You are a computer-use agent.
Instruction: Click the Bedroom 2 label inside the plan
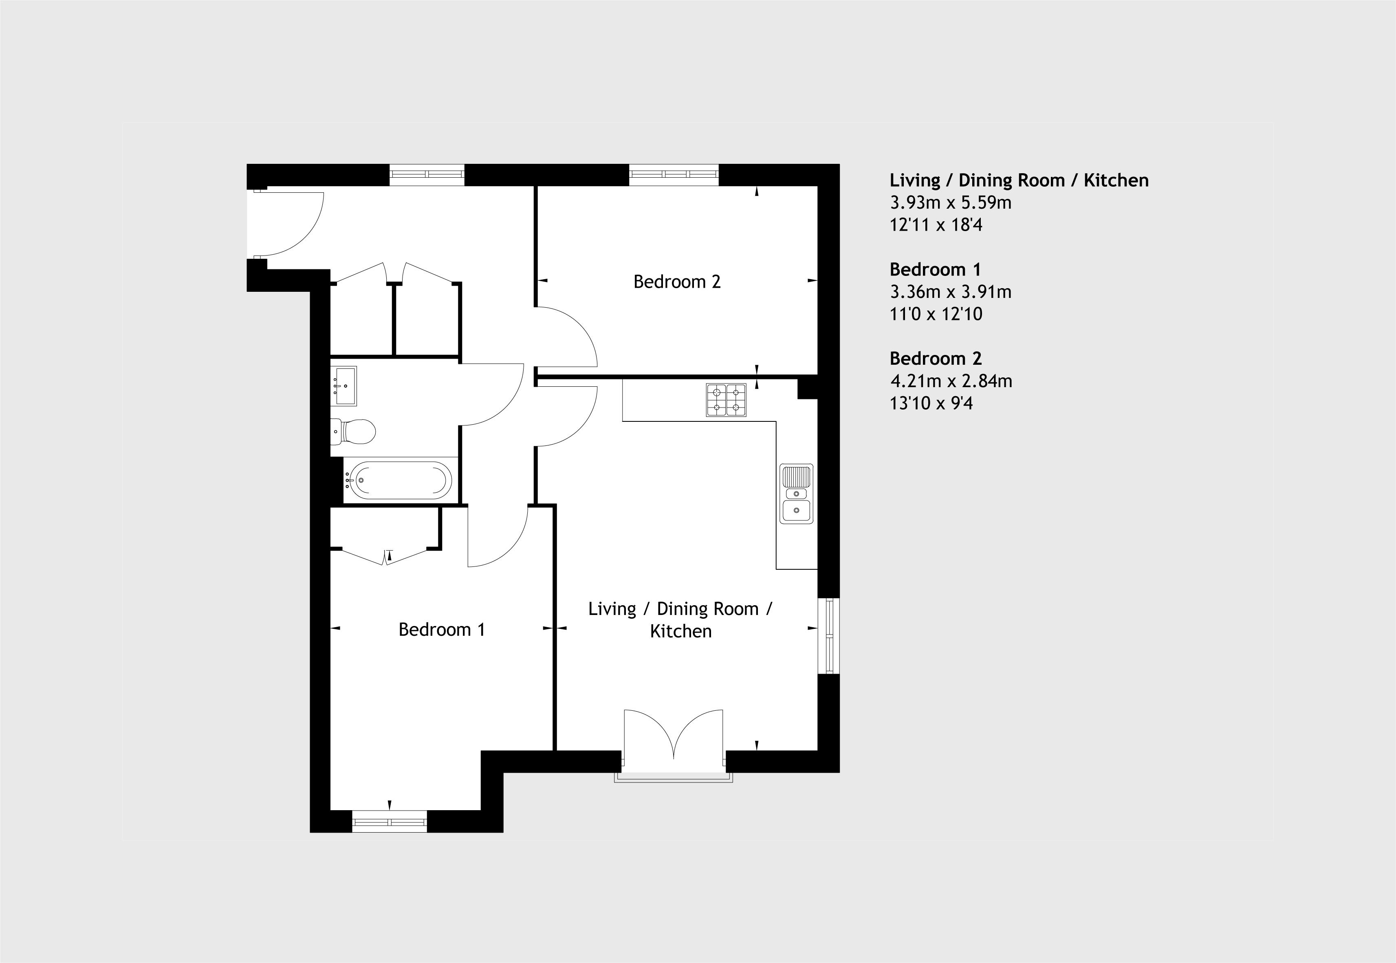click(677, 282)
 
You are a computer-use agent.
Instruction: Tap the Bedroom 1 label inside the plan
click(442, 630)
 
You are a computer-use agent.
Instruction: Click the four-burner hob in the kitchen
click(727, 400)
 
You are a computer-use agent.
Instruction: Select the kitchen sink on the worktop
click(796, 494)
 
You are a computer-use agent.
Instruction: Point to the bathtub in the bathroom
click(401, 480)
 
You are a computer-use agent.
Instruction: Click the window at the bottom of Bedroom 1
click(390, 822)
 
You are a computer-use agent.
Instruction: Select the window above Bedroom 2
click(674, 174)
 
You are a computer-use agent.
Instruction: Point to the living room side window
click(829, 636)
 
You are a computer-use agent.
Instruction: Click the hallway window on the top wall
click(427, 174)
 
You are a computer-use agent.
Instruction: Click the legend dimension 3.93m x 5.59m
click(951, 203)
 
